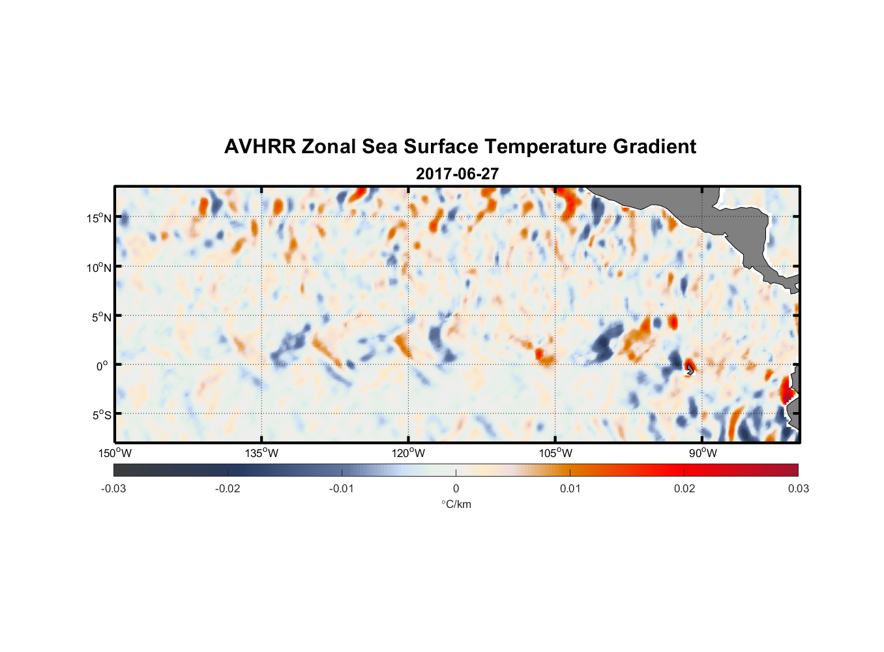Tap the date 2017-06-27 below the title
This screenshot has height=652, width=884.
tap(457, 174)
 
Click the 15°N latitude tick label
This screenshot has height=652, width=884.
tap(99, 218)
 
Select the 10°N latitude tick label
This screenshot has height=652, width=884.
tap(99, 267)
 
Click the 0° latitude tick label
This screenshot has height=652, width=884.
tap(102, 366)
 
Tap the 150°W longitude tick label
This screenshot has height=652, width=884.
tap(115, 453)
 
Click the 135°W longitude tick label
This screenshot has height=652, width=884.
tap(262, 453)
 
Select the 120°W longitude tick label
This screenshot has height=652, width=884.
tap(409, 453)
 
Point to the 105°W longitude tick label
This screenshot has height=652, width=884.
tap(555, 453)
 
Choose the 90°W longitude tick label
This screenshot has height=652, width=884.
tap(703, 453)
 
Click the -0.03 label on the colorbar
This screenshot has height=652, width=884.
tap(113, 488)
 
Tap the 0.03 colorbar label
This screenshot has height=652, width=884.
tap(798, 488)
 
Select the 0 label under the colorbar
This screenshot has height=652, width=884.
tap(456, 488)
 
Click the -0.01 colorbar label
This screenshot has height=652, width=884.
tap(342, 488)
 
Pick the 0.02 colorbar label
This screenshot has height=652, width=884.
tap(685, 488)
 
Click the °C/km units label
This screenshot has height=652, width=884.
tap(456, 504)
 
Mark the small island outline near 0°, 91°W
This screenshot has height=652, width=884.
tap(690, 370)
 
